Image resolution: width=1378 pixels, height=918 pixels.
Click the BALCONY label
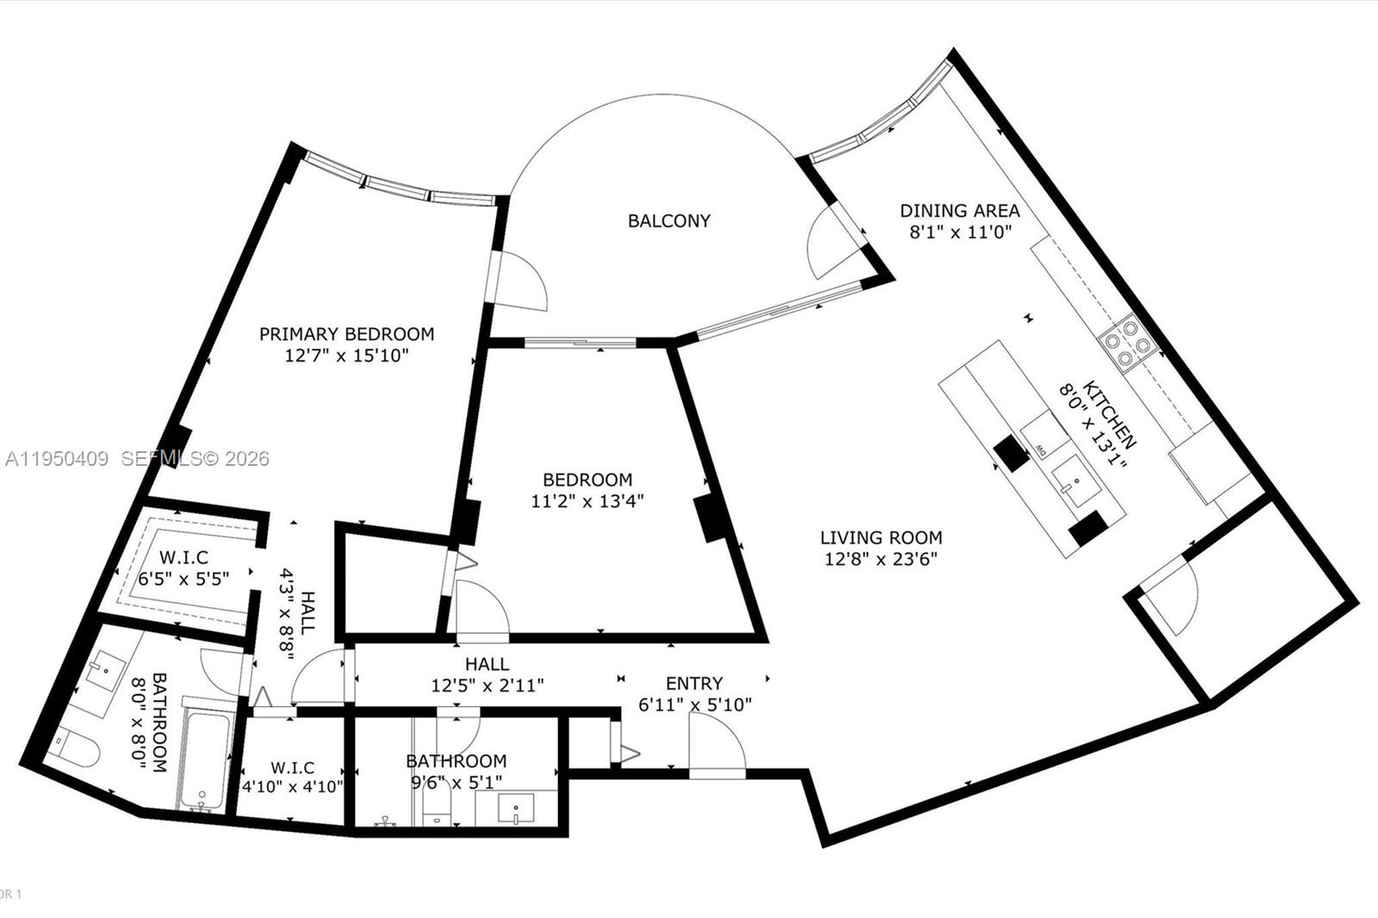point(669,220)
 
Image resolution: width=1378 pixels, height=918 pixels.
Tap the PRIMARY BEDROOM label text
point(346,334)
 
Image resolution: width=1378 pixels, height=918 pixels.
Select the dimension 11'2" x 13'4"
point(587,500)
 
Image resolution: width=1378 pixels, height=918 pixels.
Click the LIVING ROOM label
point(880,538)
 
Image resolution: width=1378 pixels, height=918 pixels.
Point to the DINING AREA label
point(959,210)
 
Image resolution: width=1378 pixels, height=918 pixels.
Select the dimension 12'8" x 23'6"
point(880,559)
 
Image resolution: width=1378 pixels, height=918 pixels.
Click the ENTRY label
point(694,683)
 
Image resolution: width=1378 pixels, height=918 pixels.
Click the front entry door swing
point(717,745)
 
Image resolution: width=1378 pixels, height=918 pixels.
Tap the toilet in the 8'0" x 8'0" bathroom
point(73,746)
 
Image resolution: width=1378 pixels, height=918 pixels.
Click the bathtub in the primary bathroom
point(204,758)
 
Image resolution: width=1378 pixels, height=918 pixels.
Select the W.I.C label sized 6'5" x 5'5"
point(183,558)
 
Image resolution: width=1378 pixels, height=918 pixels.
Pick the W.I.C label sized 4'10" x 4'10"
point(292,767)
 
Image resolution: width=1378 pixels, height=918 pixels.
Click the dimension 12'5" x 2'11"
point(487,686)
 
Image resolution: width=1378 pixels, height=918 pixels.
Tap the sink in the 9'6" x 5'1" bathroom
point(515,810)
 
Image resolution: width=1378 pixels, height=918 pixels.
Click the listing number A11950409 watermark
point(57,459)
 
